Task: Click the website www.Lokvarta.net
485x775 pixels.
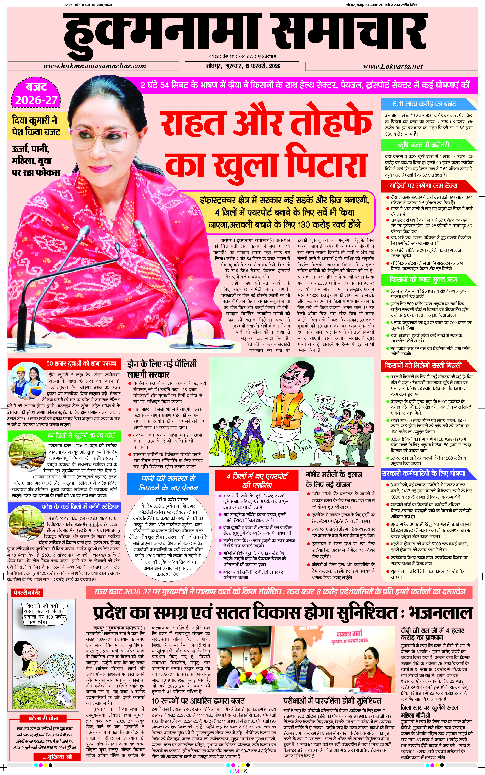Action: coord(392,66)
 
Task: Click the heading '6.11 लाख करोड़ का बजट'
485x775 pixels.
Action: coord(424,104)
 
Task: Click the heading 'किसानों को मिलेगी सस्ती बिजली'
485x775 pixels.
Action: coord(423,365)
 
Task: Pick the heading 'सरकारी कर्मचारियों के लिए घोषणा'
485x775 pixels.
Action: coord(423,473)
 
